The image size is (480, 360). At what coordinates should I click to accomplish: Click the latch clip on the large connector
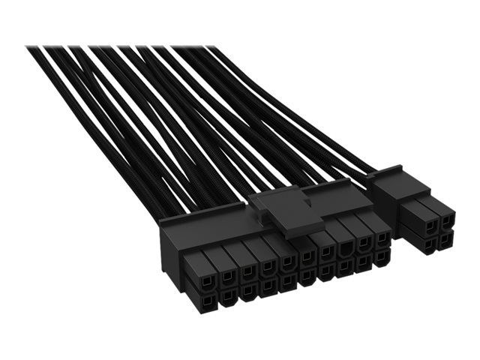[287, 214]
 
